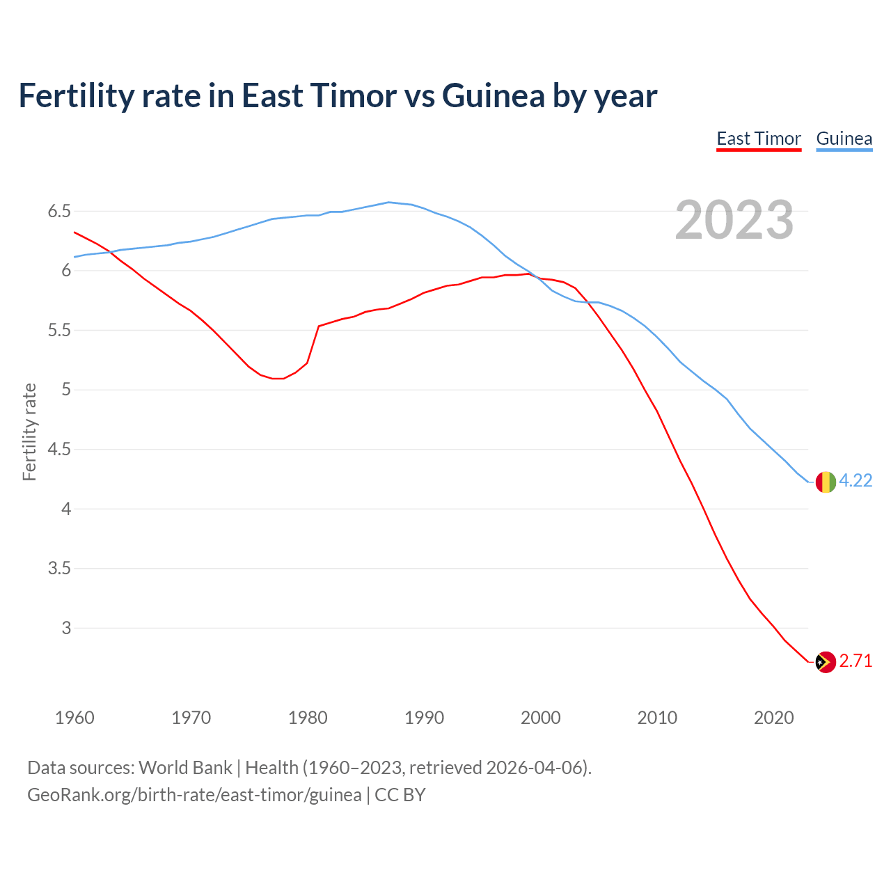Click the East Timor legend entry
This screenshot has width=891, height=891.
759,139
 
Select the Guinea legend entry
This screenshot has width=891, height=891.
844,139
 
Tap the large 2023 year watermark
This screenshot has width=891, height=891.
734,220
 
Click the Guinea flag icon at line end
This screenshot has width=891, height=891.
825,481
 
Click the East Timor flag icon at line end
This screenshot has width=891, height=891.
825,661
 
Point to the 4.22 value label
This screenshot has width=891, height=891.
855,480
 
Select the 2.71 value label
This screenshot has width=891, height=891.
855,661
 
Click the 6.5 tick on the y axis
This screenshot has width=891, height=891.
59,211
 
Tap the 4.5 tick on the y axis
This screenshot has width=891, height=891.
59,449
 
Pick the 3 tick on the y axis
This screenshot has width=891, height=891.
66,628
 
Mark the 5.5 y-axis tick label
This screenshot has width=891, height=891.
59,330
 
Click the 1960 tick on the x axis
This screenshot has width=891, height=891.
74,718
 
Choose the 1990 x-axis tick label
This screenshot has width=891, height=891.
424,718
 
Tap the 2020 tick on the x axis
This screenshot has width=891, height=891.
773,718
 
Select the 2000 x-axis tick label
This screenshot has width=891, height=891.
540,718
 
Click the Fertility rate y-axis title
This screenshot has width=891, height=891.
29,432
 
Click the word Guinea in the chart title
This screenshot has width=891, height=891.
493,96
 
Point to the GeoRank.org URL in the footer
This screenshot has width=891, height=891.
194,795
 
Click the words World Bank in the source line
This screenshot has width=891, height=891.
185,768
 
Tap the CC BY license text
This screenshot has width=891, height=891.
400,795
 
